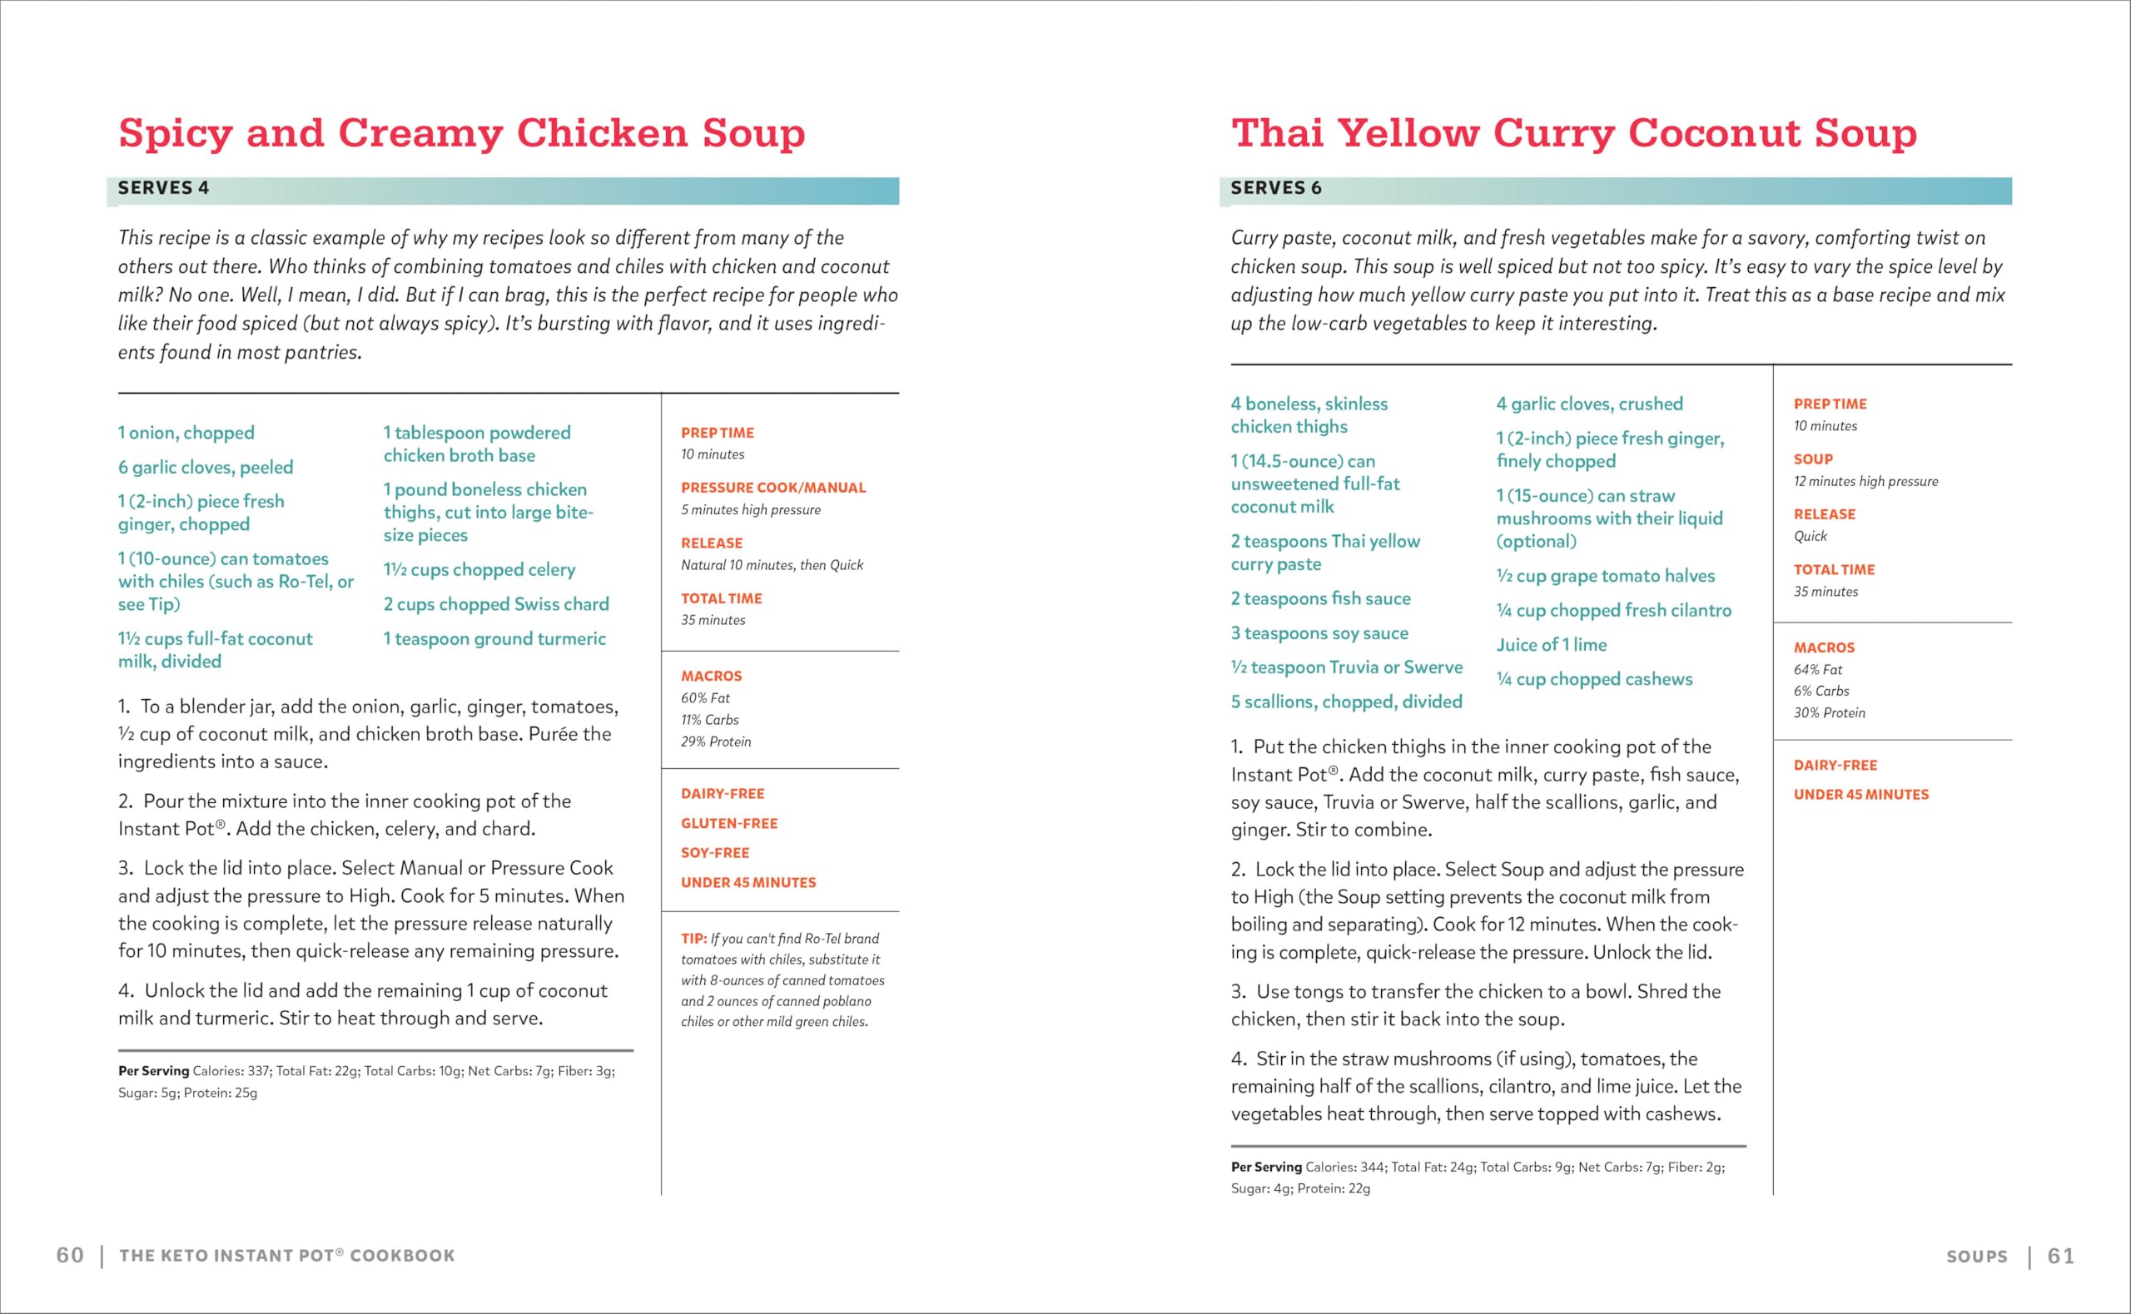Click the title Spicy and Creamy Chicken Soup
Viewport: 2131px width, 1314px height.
pyautogui.click(x=461, y=134)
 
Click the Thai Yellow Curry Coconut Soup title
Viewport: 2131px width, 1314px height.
pyautogui.click(x=1573, y=134)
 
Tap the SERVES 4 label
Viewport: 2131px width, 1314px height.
pyautogui.click(x=163, y=189)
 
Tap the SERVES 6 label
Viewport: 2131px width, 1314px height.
pyautogui.click(x=1276, y=189)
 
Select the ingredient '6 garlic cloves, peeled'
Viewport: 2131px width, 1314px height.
pyautogui.click(x=206, y=468)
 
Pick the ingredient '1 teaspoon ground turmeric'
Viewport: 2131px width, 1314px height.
pyautogui.click(x=494, y=639)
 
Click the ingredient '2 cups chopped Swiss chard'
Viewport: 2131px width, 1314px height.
pyautogui.click(x=496, y=604)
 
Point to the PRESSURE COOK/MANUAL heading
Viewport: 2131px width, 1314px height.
pyautogui.click(x=772, y=488)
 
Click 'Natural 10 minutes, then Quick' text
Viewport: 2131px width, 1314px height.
pyautogui.click(x=772, y=565)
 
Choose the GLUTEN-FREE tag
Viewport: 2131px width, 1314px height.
pyautogui.click(x=729, y=823)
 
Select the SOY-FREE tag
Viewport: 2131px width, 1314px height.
pyautogui.click(x=714, y=852)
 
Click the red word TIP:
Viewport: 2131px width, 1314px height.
pyautogui.click(x=693, y=939)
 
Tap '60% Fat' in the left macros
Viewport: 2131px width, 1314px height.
pyautogui.click(x=705, y=698)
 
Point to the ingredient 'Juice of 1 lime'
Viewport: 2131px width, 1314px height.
pyautogui.click(x=1552, y=645)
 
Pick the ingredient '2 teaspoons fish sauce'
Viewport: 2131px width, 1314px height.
pyautogui.click(x=1320, y=599)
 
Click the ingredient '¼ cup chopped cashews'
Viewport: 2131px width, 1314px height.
pyautogui.click(x=1594, y=680)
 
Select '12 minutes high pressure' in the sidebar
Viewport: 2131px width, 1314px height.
pyautogui.click(x=1865, y=482)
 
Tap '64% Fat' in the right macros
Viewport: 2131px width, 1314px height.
pyautogui.click(x=1817, y=670)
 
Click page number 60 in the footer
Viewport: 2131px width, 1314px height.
pyautogui.click(x=71, y=1255)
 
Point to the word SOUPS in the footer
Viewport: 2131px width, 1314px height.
pyautogui.click(x=1976, y=1256)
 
